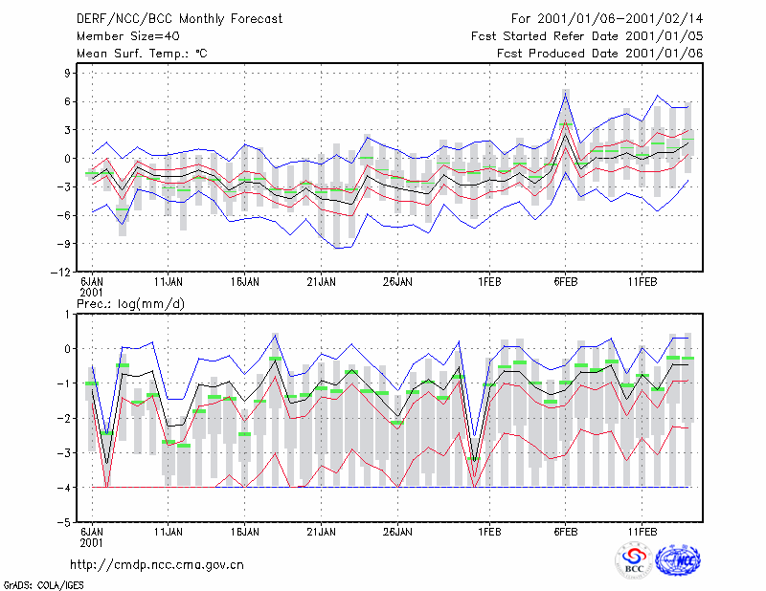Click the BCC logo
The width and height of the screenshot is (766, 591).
point(634,561)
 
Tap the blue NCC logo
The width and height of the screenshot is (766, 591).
point(678,560)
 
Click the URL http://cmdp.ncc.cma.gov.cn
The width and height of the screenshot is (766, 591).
point(157,565)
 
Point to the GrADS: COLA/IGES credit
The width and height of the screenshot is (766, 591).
point(44,585)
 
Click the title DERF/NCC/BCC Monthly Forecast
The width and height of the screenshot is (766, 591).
point(179,19)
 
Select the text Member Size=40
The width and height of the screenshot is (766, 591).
point(128,36)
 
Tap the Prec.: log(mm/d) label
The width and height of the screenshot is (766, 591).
point(130,304)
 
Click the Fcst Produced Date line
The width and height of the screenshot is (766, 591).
point(600,54)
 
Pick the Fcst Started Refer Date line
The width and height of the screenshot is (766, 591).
point(587,36)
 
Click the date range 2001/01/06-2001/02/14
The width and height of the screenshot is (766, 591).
point(620,19)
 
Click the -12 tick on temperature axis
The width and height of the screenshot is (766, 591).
point(60,273)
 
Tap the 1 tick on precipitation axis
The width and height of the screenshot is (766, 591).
point(67,315)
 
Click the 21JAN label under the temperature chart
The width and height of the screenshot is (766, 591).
point(322,282)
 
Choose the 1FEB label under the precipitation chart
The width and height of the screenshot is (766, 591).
point(489,532)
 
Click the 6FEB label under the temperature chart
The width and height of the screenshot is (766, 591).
point(566,282)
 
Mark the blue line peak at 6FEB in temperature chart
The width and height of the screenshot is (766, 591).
point(565,94)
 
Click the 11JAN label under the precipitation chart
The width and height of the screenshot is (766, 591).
point(169,532)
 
